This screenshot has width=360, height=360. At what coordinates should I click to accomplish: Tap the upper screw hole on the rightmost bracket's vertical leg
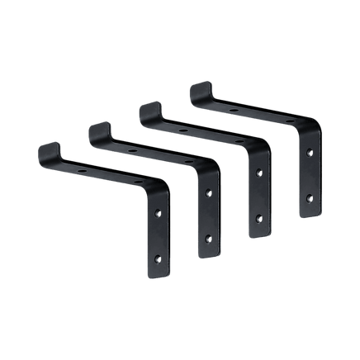pyautogui.click(x=310, y=151)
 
